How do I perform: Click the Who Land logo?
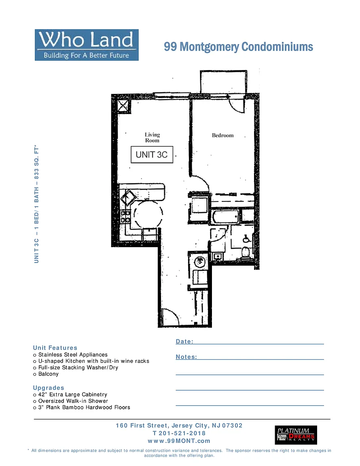87,45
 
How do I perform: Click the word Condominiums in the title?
277,47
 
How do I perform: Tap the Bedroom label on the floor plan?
222,136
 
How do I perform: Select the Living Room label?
152,138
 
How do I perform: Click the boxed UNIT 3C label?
152,155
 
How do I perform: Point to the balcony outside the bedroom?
224,82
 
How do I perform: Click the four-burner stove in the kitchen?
125,217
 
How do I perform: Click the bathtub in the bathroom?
226,217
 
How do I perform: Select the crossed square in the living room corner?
124,106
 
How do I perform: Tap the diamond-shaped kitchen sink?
128,197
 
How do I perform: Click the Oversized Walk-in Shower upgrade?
70,401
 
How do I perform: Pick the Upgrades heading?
49,388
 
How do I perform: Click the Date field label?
184,341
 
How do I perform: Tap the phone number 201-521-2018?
182,433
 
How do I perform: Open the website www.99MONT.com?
179,441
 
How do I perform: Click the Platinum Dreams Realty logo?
296,435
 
